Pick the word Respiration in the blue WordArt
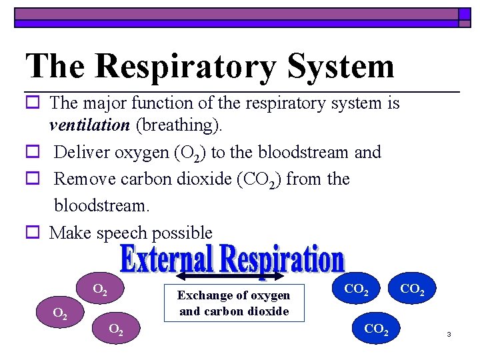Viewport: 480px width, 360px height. point(283,259)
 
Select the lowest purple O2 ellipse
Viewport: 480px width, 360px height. point(115,329)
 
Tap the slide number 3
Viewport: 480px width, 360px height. point(449,333)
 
